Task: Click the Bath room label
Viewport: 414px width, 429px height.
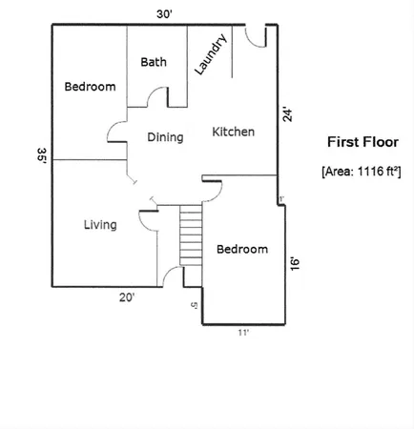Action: [x=154, y=62]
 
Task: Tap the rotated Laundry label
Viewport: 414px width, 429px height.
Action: [x=209, y=55]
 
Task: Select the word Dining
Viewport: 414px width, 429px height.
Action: [x=164, y=137]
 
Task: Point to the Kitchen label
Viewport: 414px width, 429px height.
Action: [x=233, y=132]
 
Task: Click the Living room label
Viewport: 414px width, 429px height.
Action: [x=100, y=225]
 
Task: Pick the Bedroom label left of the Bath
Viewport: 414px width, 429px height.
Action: [x=90, y=87]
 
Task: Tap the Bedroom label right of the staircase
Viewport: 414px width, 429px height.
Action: [x=241, y=250]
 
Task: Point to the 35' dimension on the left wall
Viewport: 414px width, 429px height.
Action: [x=42, y=156]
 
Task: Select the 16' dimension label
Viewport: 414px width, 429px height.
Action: [x=295, y=263]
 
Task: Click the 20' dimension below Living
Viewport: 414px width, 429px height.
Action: [x=127, y=297]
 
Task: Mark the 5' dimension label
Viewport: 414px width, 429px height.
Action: [x=194, y=305]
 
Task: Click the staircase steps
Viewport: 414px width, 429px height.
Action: [x=193, y=240]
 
